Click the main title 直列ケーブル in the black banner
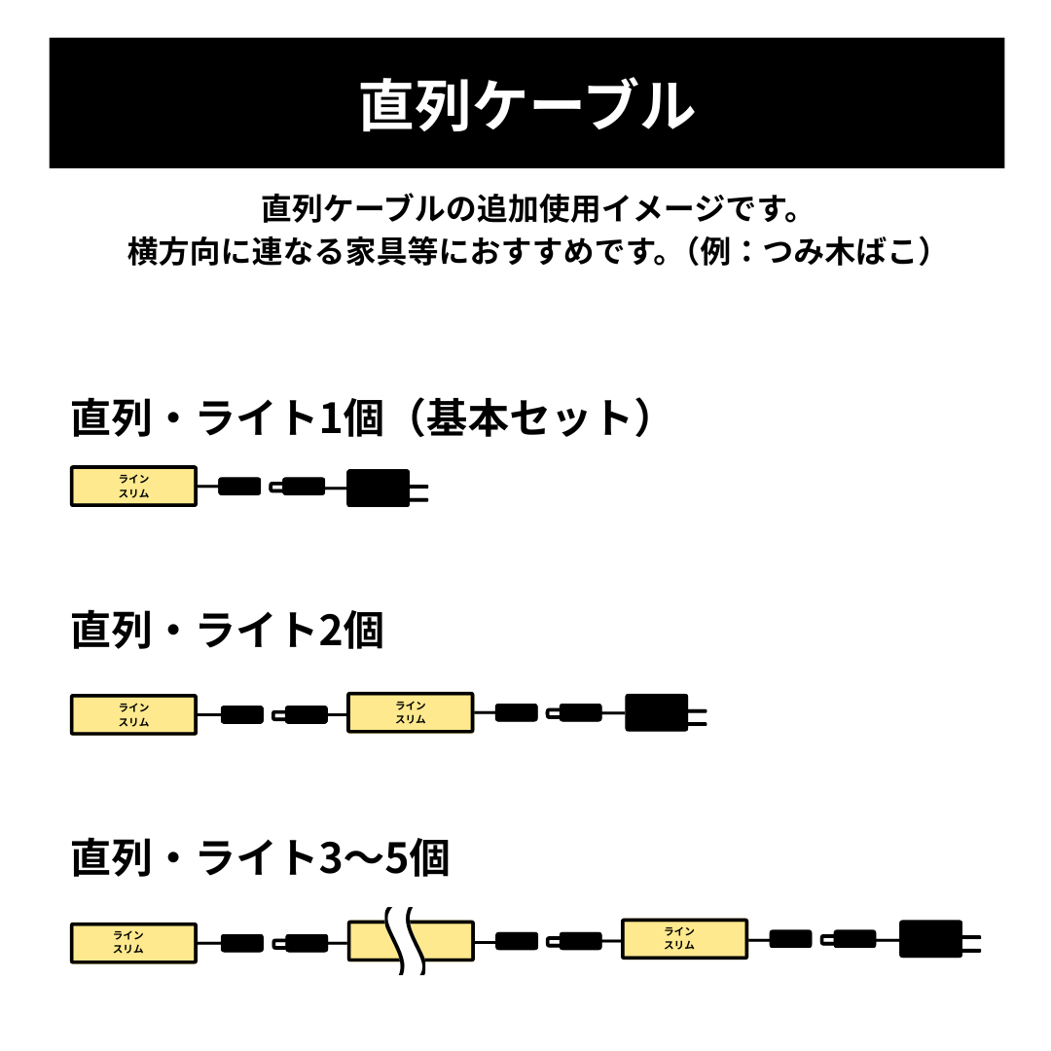pos(526,105)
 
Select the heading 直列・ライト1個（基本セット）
pos(362,417)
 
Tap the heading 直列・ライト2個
pos(227,630)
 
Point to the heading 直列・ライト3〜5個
pos(260,857)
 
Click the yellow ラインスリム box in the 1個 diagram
pos(134,486)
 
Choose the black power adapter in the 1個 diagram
pos(378,488)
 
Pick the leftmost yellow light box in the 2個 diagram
pos(134,714)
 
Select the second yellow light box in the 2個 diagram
pos(411,712)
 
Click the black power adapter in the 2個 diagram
pos(657,712)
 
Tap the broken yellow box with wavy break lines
pos(411,941)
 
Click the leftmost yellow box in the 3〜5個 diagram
pos(134,943)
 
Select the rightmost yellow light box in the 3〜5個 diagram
pos(684,938)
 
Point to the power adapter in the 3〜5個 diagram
pos(931,939)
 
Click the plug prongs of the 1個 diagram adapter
pos(418,493)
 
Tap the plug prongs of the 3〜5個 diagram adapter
pos(972,944)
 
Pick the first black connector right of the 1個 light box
pos(240,486)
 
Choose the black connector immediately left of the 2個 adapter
pos(575,712)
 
